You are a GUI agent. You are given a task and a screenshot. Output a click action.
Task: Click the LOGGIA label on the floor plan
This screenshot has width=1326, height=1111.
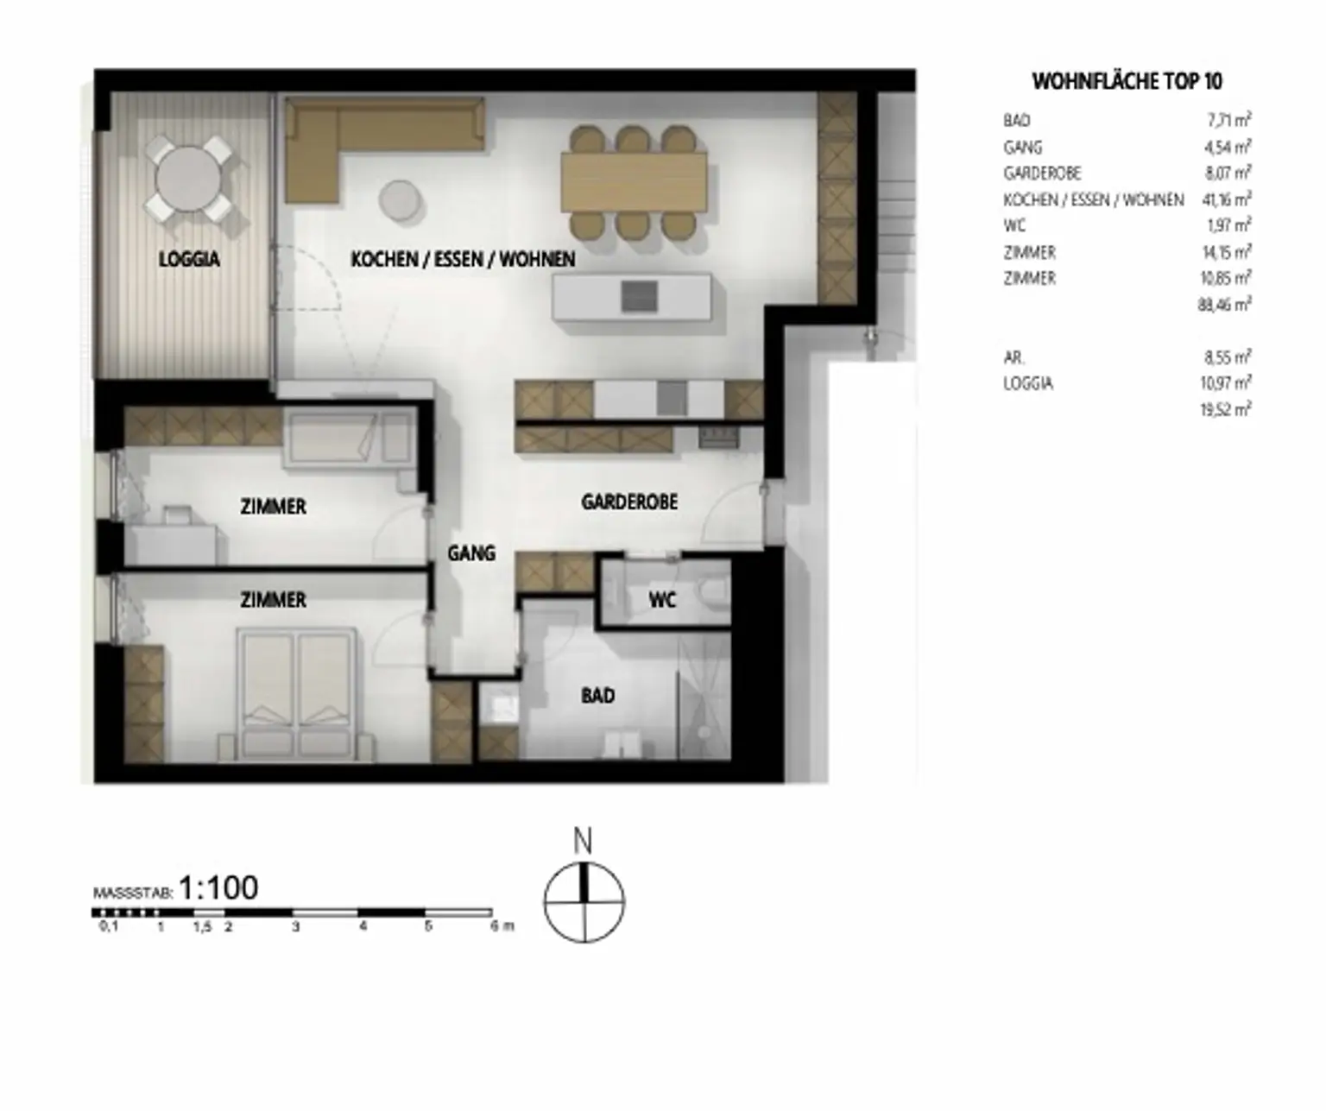pyautogui.click(x=189, y=259)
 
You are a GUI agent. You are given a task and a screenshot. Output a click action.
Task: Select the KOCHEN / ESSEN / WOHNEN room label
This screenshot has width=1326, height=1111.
pyautogui.click(x=463, y=259)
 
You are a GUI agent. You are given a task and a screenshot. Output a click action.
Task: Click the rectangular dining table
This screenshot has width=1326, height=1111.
pyautogui.click(x=633, y=181)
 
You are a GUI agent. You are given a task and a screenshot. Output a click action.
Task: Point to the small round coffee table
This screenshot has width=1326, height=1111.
pyautogui.click(x=401, y=199)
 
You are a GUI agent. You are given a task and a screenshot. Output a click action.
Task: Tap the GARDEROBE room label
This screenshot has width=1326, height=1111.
pyautogui.click(x=629, y=502)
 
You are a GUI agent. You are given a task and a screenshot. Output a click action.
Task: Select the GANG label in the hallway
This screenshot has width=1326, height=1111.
pyautogui.click(x=471, y=552)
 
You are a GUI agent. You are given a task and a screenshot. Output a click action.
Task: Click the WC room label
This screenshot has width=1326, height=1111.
pyautogui.click(x=662, y=599)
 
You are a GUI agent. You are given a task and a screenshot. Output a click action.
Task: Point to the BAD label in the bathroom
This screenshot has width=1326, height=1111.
pyautogui.click(x=597, y=695)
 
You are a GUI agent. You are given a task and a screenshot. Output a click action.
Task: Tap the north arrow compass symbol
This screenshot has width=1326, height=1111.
pyautogui.click(x=584, y=902)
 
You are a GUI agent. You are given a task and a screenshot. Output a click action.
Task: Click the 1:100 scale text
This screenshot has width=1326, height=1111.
pyautogui.click(x=218, y=887)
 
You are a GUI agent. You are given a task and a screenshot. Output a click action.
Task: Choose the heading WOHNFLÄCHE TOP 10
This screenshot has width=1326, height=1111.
pyautogui.click(x=1127, y=81)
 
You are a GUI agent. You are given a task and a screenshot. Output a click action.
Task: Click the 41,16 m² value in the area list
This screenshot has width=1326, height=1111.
pyautogui.click(x=1226, y=199)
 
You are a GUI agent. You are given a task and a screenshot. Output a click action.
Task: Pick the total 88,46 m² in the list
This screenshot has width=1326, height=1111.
pyautogui.click(x=1224, y=304)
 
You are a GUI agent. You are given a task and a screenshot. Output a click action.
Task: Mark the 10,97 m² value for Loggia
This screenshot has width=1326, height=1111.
pyautogui.click(x=1225, y=382)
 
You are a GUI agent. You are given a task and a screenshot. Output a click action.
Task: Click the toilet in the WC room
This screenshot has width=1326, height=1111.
pyautogui.click(x=714, y=595)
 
